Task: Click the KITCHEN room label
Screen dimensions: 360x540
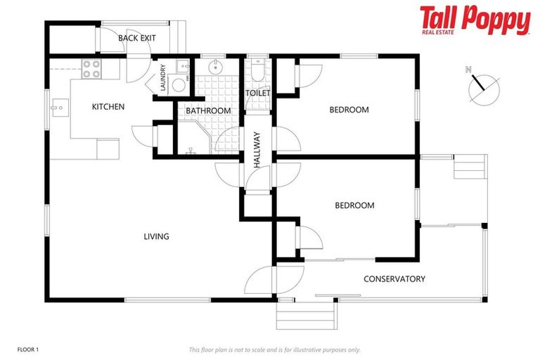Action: point(108,107)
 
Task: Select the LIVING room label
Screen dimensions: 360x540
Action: point(156,236)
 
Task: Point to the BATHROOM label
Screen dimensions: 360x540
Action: point(208,110)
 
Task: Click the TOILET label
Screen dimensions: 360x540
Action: point(257,94)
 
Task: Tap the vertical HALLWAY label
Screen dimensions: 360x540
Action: point(257,150)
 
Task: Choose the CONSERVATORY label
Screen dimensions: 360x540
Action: point(394,279)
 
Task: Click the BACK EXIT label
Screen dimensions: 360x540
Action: point(137,38)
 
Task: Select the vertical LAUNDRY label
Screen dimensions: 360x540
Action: point(162,77)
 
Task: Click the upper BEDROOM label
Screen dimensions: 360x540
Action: point(349,109)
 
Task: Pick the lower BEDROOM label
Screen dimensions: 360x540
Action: point(354,205)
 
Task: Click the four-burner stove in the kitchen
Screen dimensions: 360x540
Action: point(92,68)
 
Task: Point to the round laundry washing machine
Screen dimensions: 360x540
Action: point(179,85)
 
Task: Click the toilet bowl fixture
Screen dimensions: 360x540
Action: point(257,72)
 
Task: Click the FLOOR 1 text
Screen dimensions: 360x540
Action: point(28,349)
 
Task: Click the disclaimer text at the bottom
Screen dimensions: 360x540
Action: point(275,349)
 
